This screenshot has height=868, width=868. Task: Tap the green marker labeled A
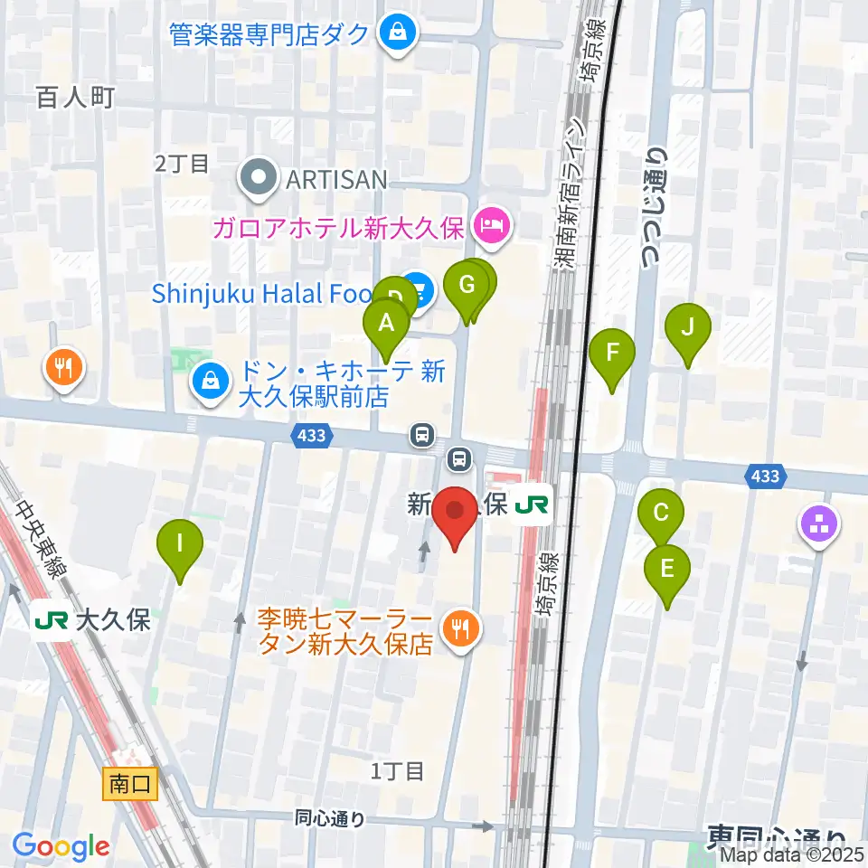click(386, 324)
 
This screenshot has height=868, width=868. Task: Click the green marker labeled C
click(661, 514)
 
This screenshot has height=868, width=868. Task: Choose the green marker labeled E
click(667, 571)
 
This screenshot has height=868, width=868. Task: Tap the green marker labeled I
click(180, 545)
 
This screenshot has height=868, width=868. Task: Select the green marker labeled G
click(467, 287)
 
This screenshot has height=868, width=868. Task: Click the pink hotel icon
click(492, 221)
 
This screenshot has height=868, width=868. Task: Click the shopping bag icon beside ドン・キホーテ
click(210, 382)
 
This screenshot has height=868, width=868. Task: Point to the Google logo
click(61, 846)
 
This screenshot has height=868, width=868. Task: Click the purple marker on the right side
click(819, 524)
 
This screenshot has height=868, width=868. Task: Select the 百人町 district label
click(76, 97)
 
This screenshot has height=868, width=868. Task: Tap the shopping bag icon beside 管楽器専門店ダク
click(396, 33)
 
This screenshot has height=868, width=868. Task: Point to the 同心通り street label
click(330, 819)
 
